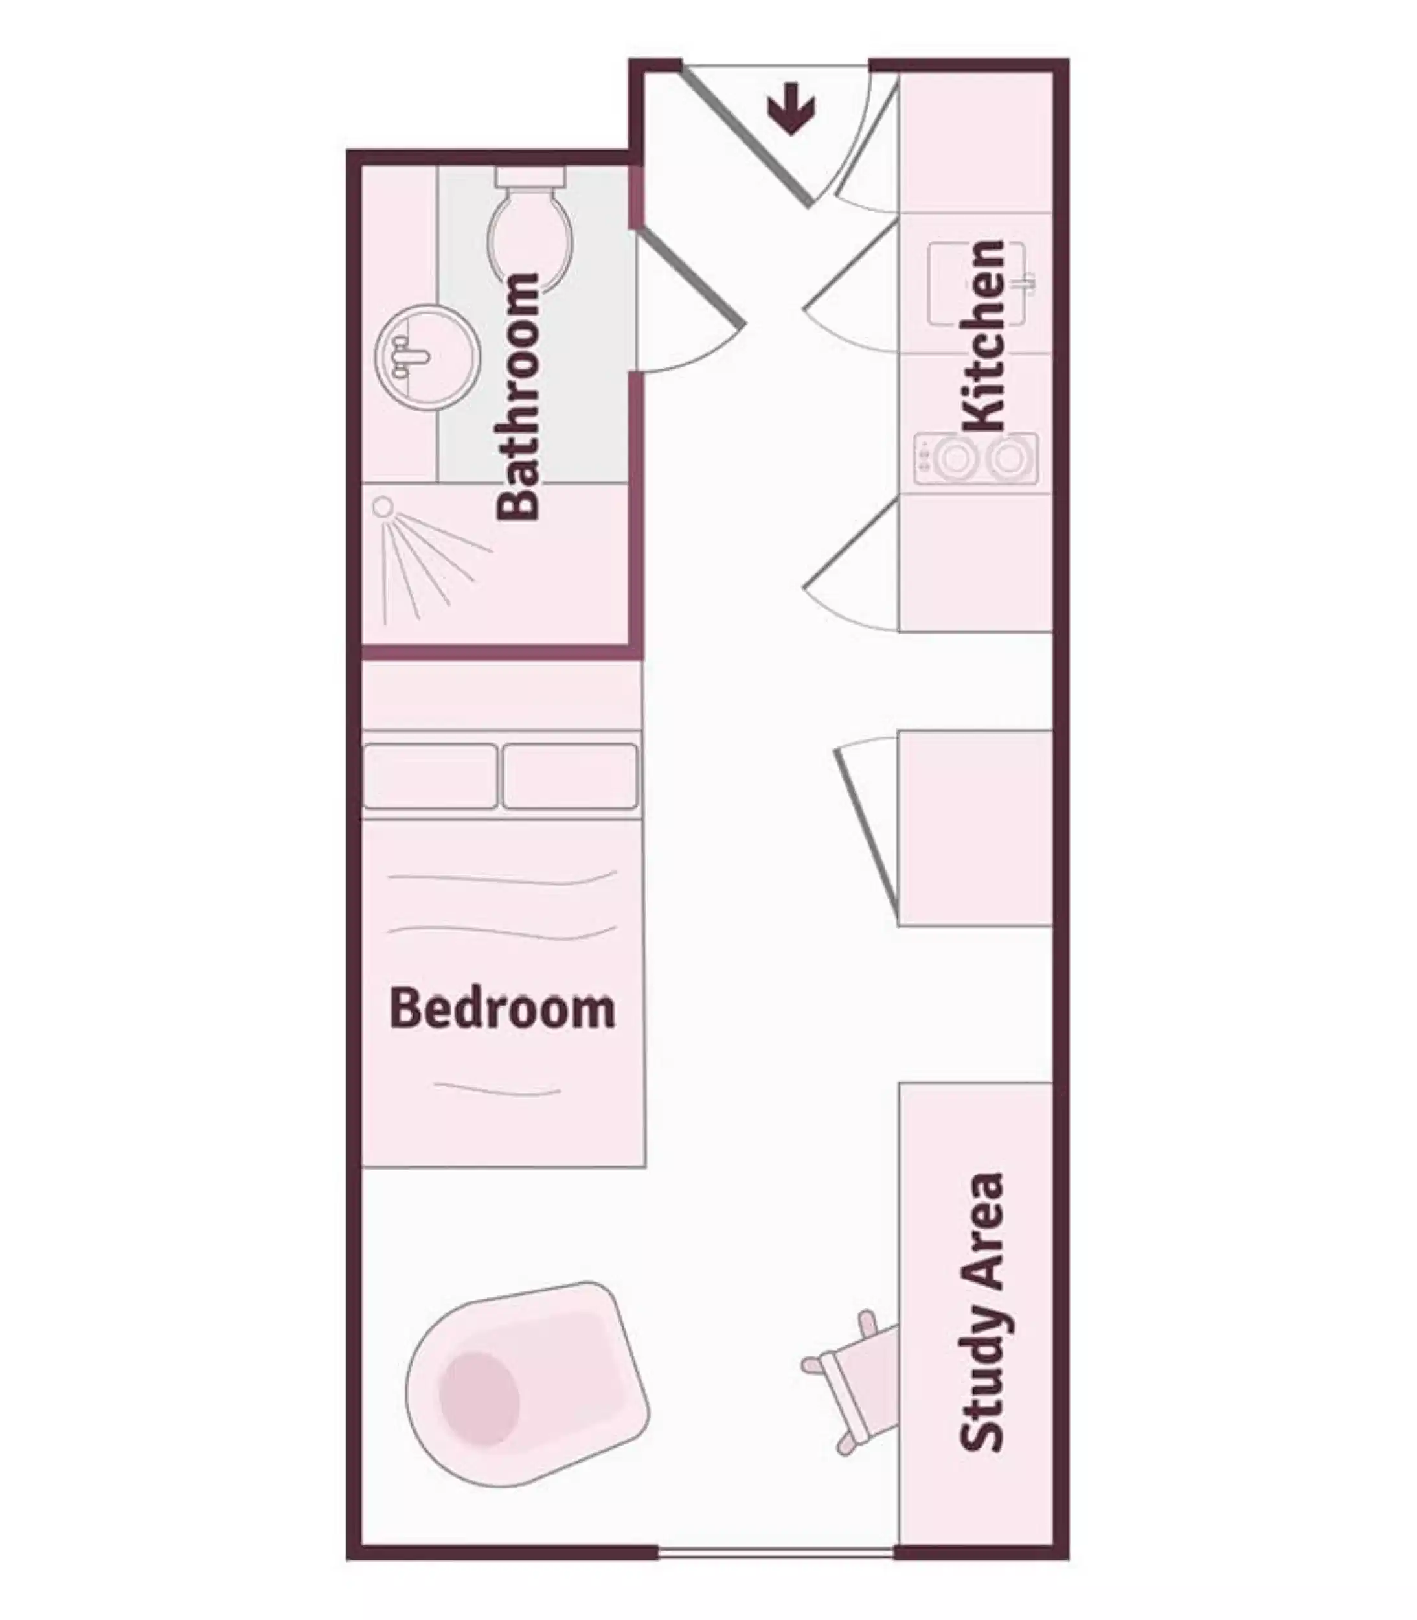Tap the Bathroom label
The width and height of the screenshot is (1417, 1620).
pyautogui.click(x=519, y=395)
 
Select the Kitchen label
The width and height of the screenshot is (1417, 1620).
pyautogui.click(x=984, y=336)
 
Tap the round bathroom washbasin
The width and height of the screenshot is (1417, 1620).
pyautogui.click(x=427, y=358)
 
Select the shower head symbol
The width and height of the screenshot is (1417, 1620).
pyautogui.click(x=383, y=506)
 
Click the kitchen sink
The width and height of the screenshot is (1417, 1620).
pyautogui.click(x=977, y=283)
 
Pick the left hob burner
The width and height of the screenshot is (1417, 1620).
pyautogui.click(x=953, y=459)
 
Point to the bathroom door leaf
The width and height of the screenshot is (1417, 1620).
pyautogui.click(x=690, y=277)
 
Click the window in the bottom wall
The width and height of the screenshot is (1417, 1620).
pyautogui.click(x=777, y=1553)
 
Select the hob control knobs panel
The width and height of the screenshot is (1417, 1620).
pyautogui.click(x=923, y=459)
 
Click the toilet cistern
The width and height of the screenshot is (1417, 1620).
pyautogui.click(x=530, y=176)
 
